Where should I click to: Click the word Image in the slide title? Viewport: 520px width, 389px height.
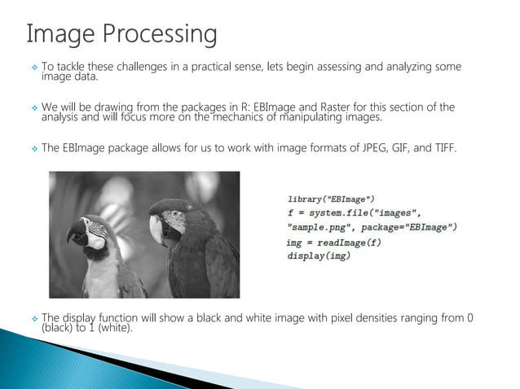[58, 34]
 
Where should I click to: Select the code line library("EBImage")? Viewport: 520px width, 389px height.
[331, 198]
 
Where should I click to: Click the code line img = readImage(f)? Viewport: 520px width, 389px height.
[333, 243]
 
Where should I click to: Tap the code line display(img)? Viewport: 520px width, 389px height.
[319, 256]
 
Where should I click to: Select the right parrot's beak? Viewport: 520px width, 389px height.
[156, 229]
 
